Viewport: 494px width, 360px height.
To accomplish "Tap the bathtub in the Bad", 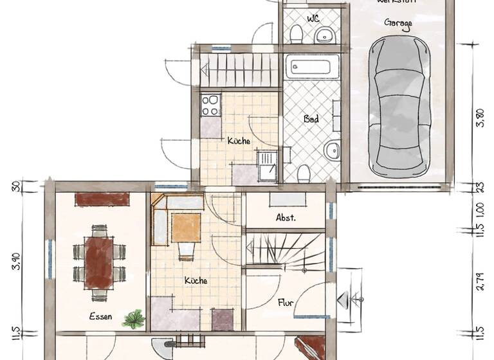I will [312, 66].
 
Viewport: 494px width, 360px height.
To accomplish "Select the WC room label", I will [313, 18].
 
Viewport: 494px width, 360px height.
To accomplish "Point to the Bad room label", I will [311, 119].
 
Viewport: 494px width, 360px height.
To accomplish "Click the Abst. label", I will [286, 217].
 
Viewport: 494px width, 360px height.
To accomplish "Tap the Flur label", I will [286, 301].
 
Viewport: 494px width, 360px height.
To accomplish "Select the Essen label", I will [101, 316].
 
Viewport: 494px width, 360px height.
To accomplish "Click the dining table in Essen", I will [99, 262].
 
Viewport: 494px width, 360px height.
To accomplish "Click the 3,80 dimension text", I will [478, 120].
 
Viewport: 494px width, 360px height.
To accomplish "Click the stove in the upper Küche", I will [210, 105].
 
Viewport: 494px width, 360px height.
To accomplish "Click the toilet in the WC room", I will [297, 33].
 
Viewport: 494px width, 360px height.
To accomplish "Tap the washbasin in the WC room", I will [324, 36].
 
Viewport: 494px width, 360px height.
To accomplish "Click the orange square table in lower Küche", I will [187, 228].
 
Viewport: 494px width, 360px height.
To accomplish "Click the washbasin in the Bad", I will [332, 152].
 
